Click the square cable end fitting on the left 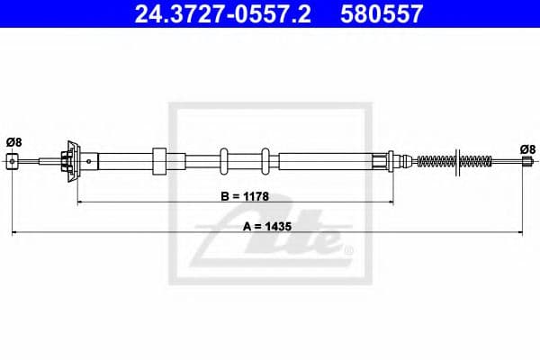coord(12,161)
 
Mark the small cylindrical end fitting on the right coord(527,162)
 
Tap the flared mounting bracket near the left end coord(73,161)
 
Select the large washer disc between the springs coord(458,162)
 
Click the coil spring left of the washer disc coord(436,162)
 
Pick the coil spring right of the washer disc coord(476,162)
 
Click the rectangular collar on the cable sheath coord(160,162)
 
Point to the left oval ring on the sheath coord(225,161)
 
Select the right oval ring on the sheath coord(266,161)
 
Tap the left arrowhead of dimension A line coord(14,235)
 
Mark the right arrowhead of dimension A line coord(526,235)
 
